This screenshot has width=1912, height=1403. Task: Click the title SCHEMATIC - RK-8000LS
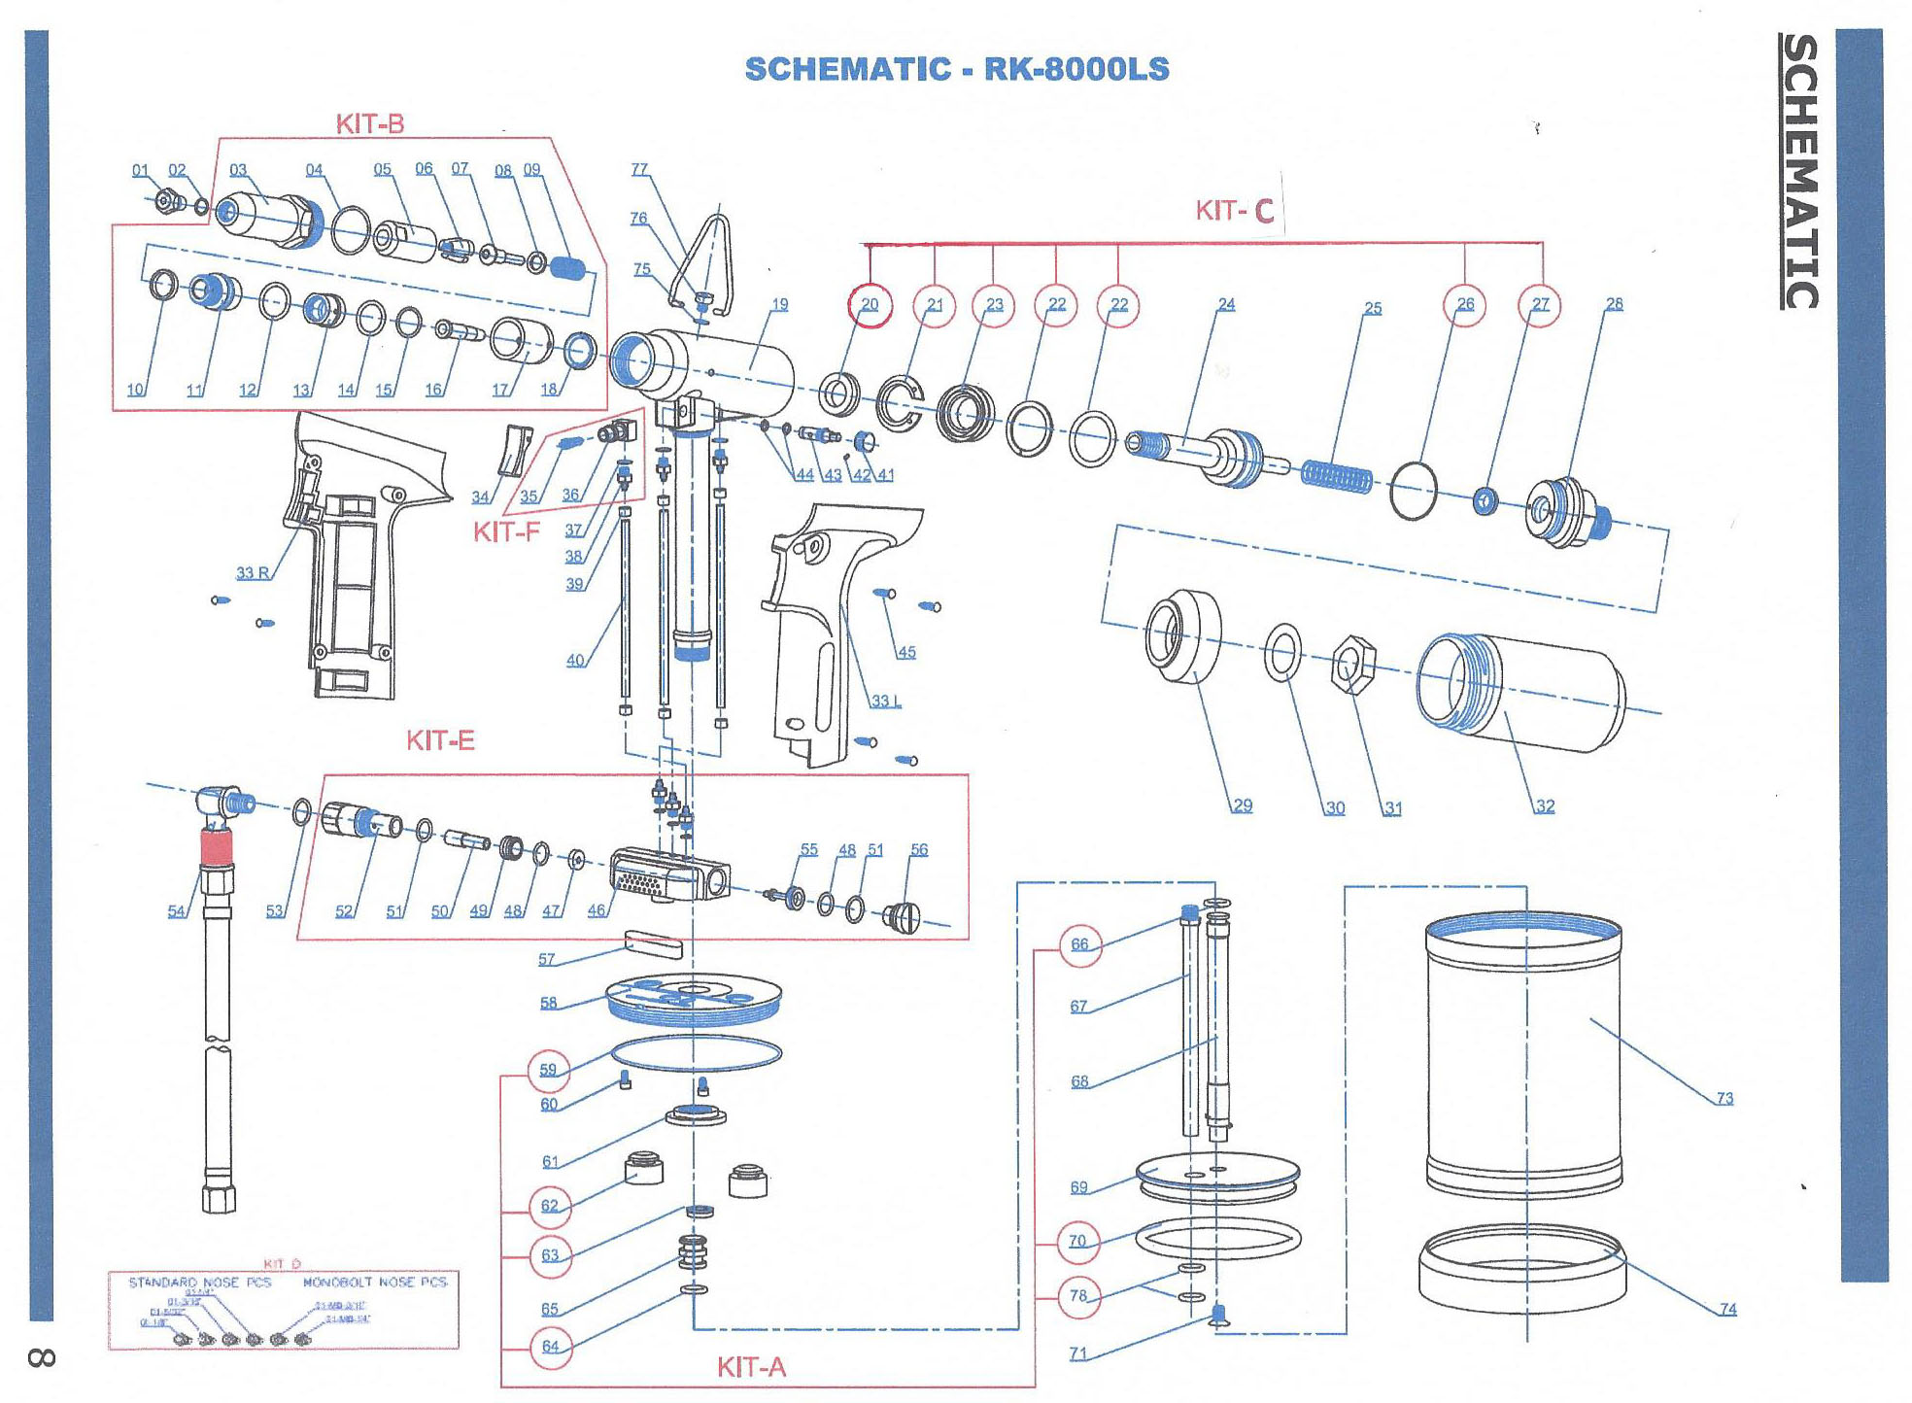[956, 69]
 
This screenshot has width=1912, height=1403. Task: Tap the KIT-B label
[369, 123]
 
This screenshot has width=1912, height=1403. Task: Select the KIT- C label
[1234, 211]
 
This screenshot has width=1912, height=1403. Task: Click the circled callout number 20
[870, 305]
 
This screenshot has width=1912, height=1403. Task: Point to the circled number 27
[1540, 305]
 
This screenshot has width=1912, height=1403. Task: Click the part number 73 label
[1724, 1098]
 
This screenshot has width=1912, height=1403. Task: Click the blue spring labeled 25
[1337, 475]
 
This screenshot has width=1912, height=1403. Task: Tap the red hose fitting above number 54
[218, 848]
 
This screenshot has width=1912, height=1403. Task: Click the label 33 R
[253, 573]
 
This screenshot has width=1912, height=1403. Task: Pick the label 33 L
[885, 701]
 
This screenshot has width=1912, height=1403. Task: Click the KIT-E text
[440, 740]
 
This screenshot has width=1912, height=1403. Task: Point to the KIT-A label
[751, 1367]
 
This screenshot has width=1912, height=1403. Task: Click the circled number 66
[1080, 944]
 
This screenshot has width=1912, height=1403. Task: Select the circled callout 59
[548, 1070]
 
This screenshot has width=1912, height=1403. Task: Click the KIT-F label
[505, 531]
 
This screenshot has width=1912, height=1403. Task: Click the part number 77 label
[639, 169]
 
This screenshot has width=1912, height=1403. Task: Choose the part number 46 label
[596, 910]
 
